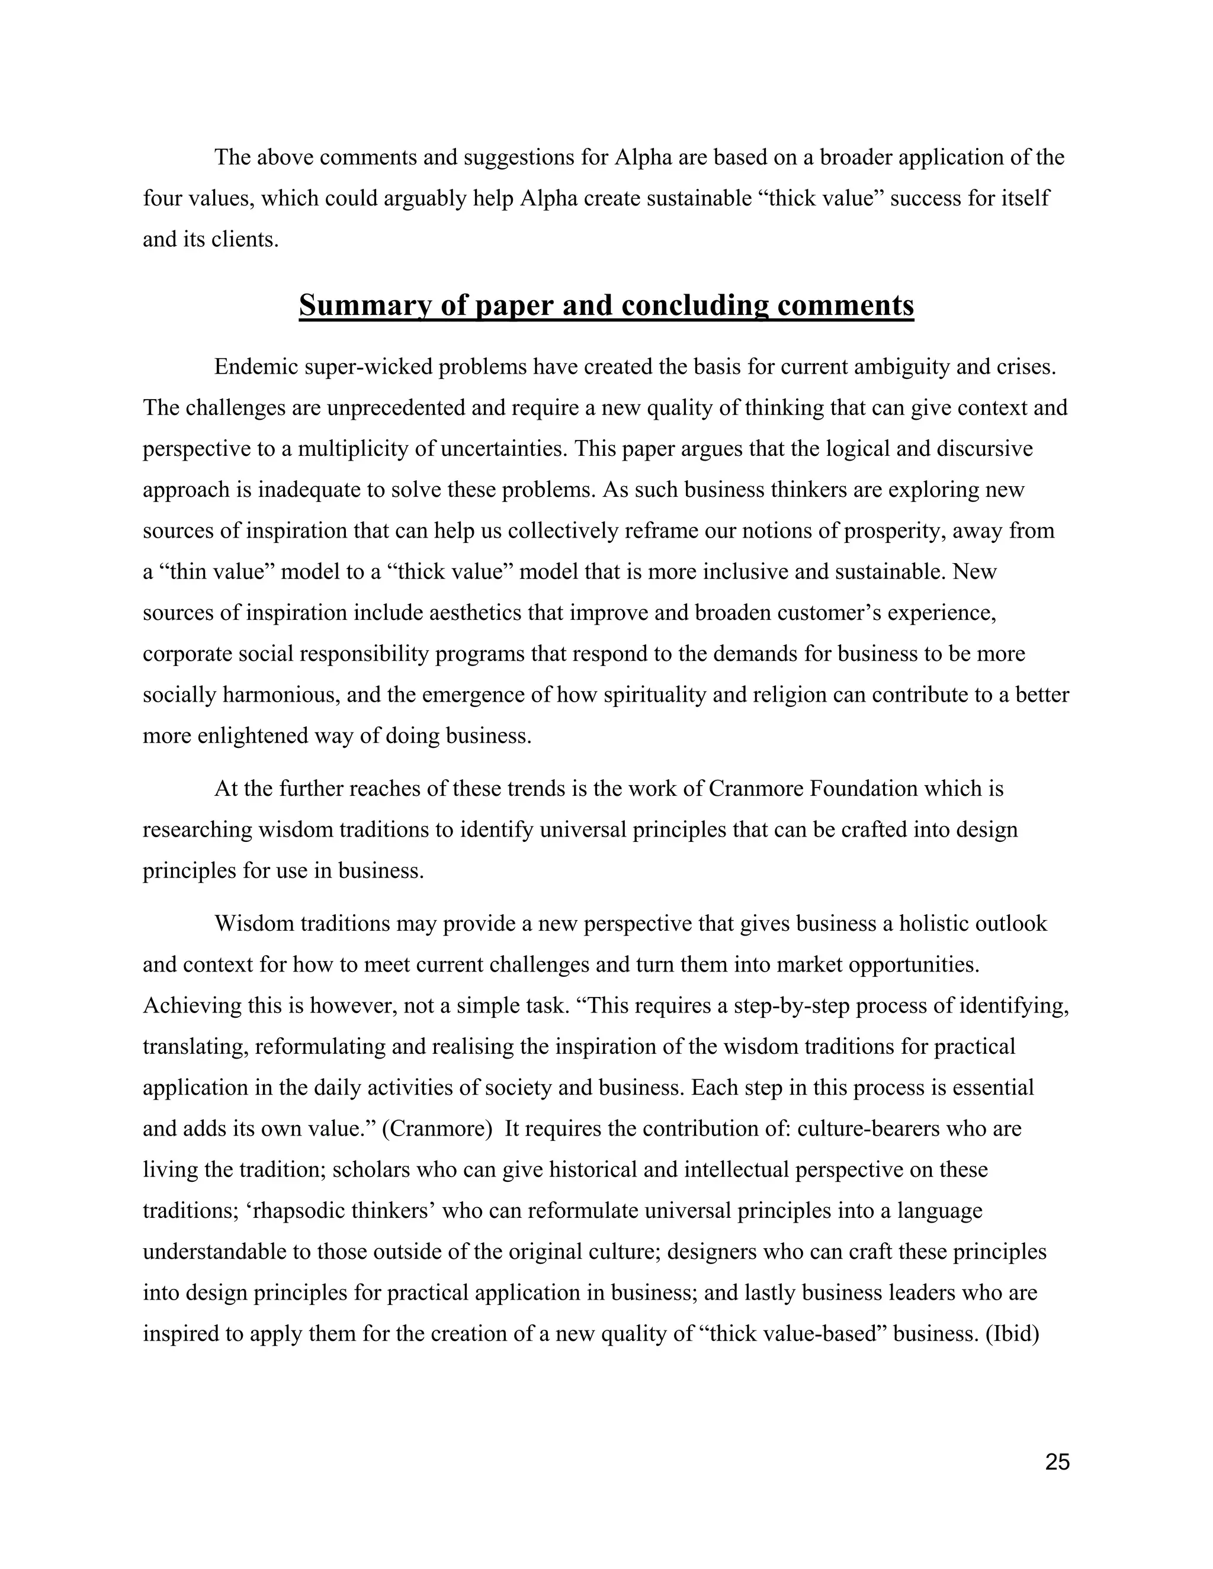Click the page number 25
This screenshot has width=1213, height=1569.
click(1057, 1462)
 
